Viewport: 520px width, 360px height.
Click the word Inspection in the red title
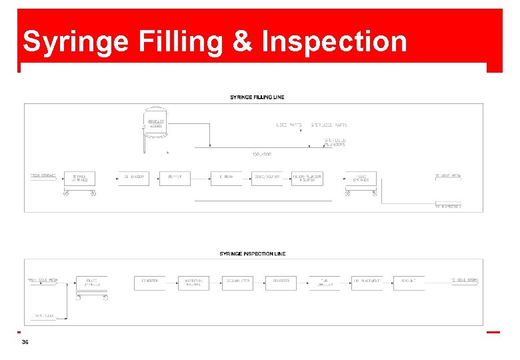tap(335, 41)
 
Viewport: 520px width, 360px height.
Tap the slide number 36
tap(25, 341)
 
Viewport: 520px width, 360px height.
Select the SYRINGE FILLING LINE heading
tap(257, 97)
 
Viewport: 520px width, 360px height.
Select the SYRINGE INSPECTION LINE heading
tap(253, 253)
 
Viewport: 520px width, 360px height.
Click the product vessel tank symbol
tap(155, 126)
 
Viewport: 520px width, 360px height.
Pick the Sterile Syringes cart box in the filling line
tap(79, 178)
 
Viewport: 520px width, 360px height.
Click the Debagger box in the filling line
tap(133, 177)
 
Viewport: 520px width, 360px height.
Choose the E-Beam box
tap(226, 177)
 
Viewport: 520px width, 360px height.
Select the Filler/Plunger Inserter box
tap(307, 178)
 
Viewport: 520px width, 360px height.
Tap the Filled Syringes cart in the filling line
tap(361, 178)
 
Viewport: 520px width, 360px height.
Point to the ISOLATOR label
tap(261, 155)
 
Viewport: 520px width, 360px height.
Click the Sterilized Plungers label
tap(335, 142)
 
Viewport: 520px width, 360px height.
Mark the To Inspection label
tap(447, 206)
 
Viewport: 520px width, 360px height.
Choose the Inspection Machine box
tap(193, 283)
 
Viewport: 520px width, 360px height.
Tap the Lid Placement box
tap(367, 282)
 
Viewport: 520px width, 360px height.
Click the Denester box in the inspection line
tap(150, 282)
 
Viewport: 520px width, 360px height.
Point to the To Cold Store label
tap(465, 280)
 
